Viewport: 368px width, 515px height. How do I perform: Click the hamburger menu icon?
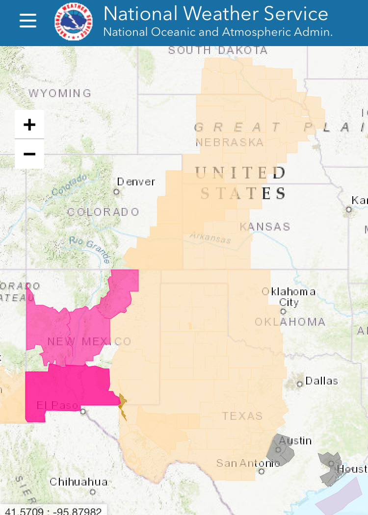(x=28, y=21)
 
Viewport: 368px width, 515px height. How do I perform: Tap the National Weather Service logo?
(x=74, y=21)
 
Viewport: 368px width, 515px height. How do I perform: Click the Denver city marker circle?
(x=117, y=192)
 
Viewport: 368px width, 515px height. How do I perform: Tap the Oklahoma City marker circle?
(x=283, y=311)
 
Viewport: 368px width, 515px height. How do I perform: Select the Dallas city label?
(x=321, y=381)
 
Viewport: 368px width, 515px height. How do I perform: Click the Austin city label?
(x=295, y=440)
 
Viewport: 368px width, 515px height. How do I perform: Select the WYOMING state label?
(x=60, y=93)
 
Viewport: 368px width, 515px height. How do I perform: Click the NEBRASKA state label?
(x=230, y=143)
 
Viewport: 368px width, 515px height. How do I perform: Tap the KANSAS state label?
(x=265, y=227)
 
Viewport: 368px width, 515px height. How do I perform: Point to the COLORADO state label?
(x=103, y=212)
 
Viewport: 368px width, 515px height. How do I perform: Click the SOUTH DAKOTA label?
(x=218, y=50)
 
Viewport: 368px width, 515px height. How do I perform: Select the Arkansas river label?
(x=210, y=238)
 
